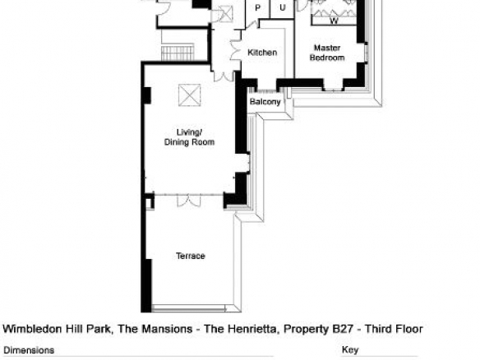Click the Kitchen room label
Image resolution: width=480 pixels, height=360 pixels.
262,53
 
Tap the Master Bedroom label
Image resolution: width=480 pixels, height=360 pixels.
327,53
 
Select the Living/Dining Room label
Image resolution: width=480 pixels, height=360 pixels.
189,137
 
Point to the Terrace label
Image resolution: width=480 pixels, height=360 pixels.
191,256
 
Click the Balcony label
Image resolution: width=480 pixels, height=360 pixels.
265,102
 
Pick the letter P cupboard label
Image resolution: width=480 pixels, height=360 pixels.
258,8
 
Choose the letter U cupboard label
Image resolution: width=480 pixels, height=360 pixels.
283,7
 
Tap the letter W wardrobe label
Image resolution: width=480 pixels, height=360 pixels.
334,21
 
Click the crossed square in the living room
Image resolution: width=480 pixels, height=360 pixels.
190,95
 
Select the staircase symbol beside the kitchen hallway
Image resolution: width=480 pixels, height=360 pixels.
178,53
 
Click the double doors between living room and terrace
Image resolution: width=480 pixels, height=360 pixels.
189,201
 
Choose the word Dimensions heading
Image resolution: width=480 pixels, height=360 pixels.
29,350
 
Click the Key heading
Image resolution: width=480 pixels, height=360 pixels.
350,350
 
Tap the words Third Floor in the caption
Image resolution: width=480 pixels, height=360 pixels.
394,329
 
